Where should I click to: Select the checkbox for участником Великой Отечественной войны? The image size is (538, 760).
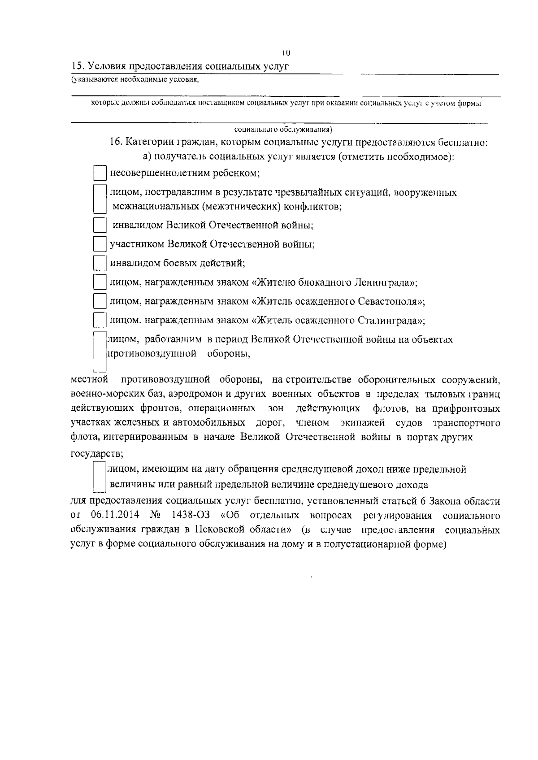pyautogui.click(x=99, y=244)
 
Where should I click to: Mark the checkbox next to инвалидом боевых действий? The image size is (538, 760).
pyautogui.click(x=99, y=264)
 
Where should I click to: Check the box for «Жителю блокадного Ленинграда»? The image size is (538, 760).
pyautogui.click(x=99, y=282)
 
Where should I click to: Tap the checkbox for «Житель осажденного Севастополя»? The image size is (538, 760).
pyautogui.click(x=99, y=301)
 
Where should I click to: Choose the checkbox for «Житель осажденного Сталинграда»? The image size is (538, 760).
pyautogui.click(x=99, y=321)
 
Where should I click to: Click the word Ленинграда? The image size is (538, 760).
pyautogui.click(x=386, y=283)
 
